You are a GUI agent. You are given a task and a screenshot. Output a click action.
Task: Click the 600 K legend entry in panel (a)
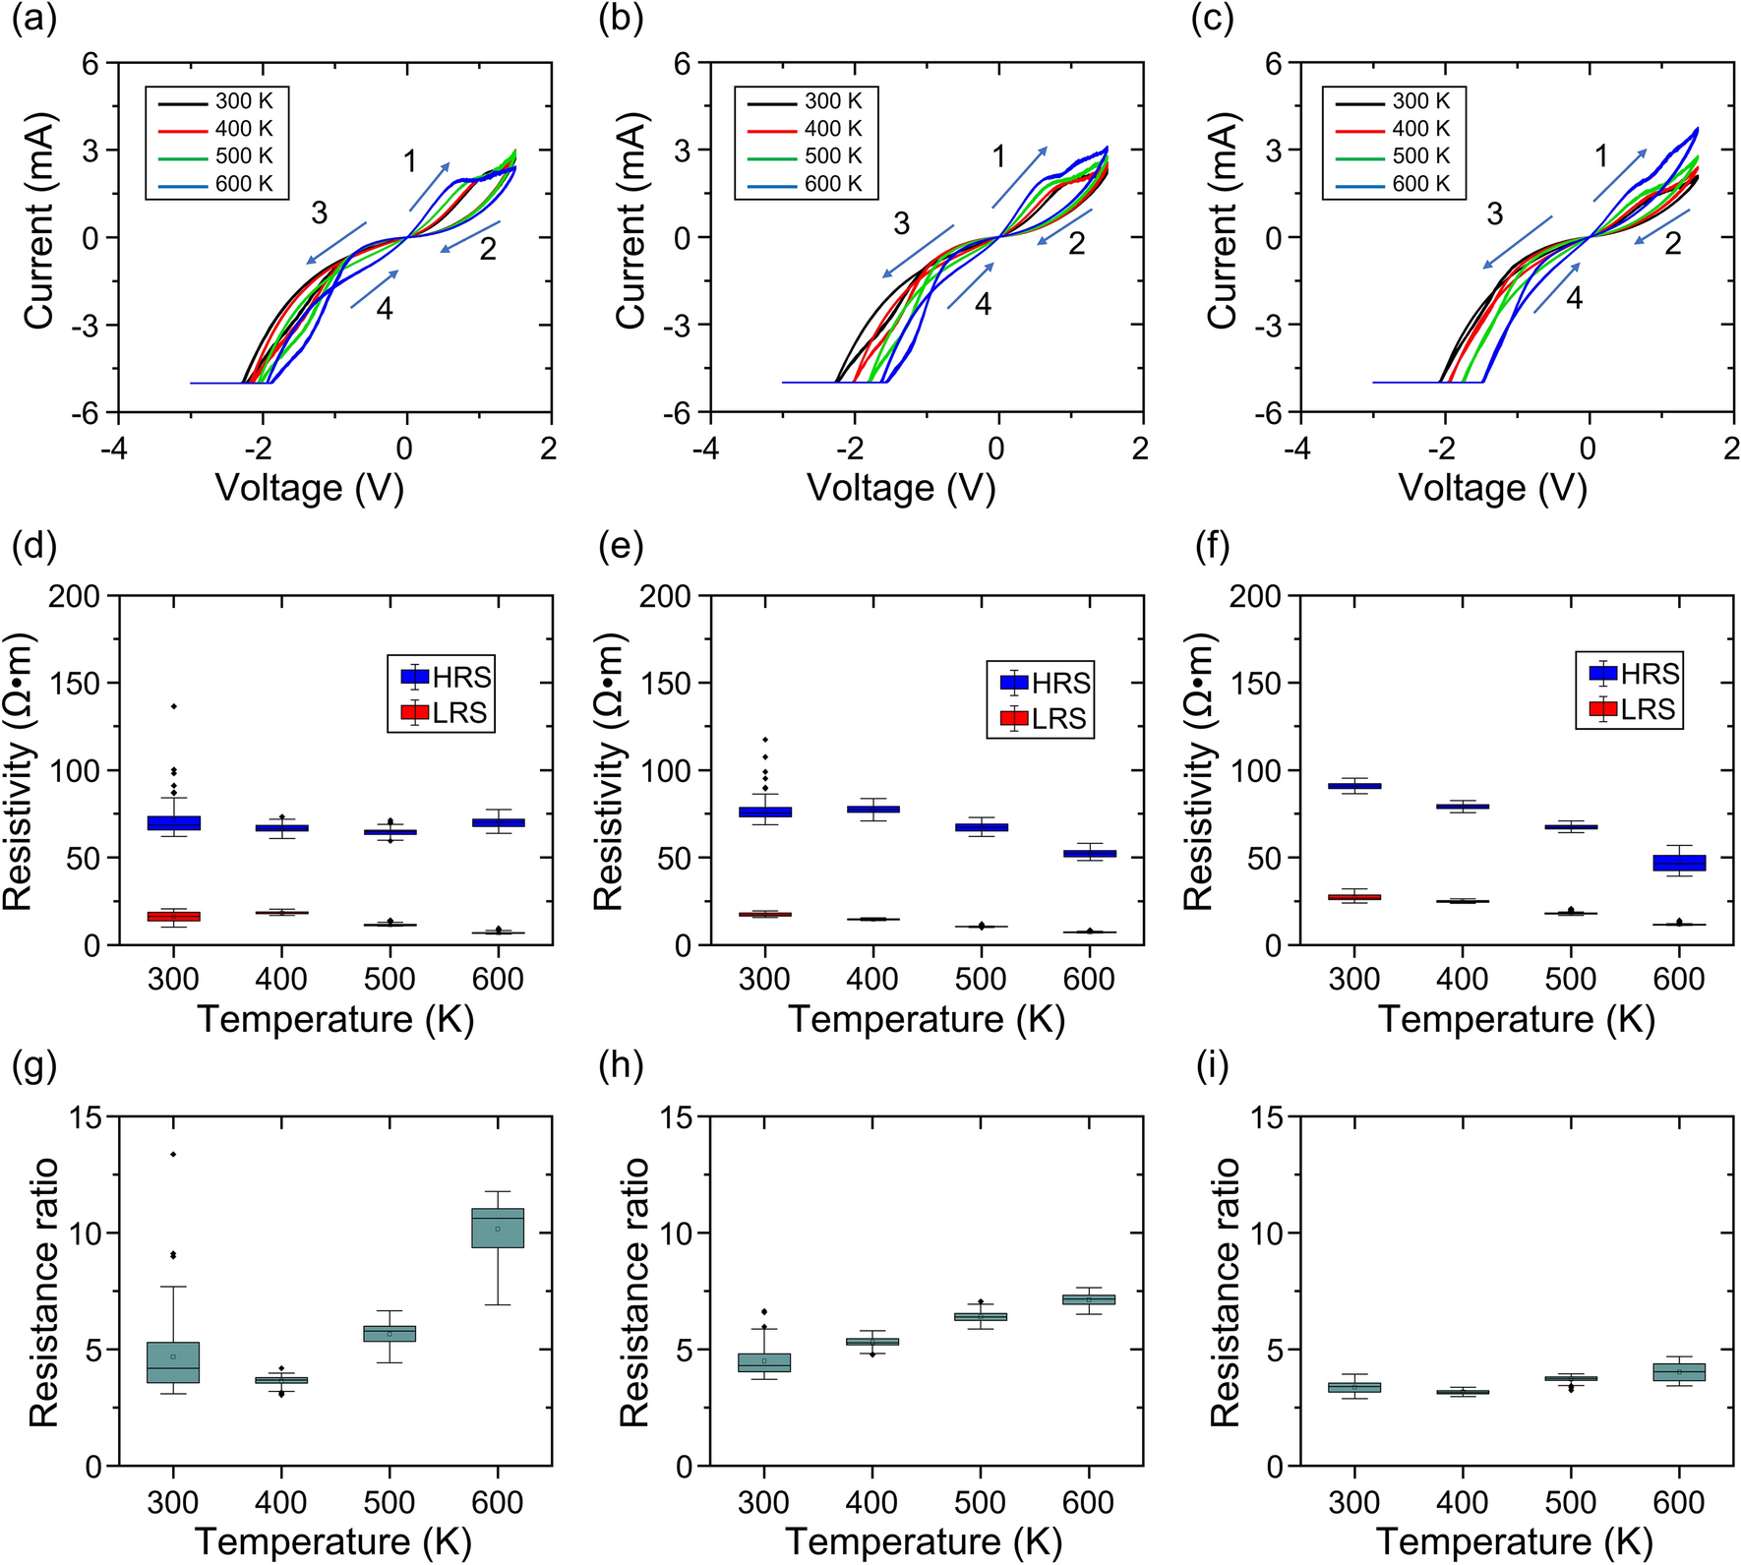pyautogui.click(x=218, y=184)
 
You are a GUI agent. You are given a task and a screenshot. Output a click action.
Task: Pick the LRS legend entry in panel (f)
pyautogui.click(x=1631, y=709)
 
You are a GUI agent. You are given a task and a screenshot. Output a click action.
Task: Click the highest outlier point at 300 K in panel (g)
pyautogui.click(x=173, y=1154)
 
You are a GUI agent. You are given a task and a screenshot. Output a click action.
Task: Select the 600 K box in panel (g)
pyautogui.click(x=498, y=1228)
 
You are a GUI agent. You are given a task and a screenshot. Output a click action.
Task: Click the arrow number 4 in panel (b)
pyautogui.click(x=983, y=304)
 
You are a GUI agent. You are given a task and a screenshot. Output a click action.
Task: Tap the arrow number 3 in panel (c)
pyautogui.click(x=1494, y=213)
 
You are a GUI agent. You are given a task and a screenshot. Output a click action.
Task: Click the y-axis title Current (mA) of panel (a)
pyautogui.click(x=38, y=221)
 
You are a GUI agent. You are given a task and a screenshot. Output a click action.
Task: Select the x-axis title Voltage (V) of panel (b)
pyautogui.click(x=901, y=488)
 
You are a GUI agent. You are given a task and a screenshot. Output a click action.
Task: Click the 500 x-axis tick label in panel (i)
pyautogui.click(x=1570, y=1502)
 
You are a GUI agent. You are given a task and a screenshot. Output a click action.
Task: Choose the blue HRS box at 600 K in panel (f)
pyautogui.click(x=1679, y=863)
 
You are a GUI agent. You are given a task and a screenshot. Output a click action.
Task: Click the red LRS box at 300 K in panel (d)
pyautogui.click(x=173, y=916)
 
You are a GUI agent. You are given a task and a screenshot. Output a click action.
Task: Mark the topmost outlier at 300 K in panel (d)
pyautogui.click(x=173, y=706)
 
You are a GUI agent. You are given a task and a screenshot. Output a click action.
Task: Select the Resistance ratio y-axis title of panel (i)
pyautogui.click(x=1225, y=1292)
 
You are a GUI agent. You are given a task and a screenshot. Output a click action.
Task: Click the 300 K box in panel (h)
pyautogui.click(x=764, y=1362)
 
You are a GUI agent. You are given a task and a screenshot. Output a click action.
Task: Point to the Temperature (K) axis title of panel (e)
pyautogui.click(x=926, y=1019)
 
